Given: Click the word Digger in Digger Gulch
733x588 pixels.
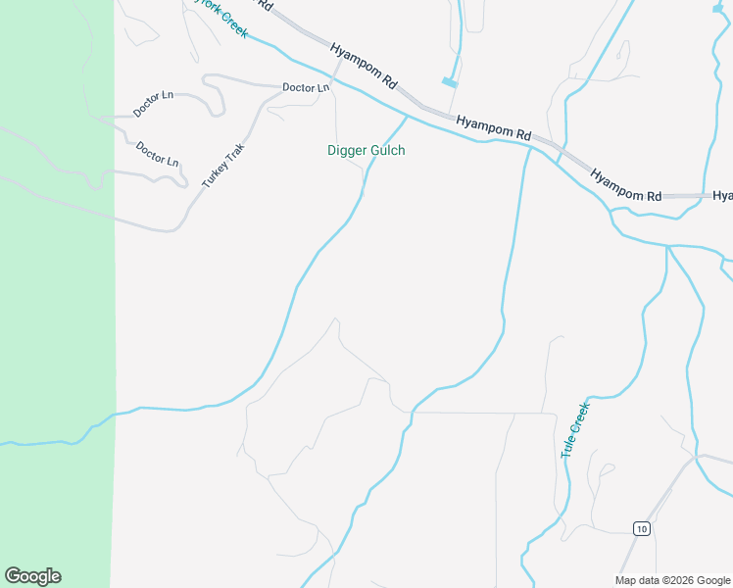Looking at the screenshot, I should tap(346, 151).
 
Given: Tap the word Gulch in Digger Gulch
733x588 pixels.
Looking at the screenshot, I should tap(387, 151).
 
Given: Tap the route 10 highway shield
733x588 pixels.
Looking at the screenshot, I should tap(641, 529).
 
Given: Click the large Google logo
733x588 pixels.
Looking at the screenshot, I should tap(32, 576).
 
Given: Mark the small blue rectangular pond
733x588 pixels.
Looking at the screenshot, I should tap(450, 83).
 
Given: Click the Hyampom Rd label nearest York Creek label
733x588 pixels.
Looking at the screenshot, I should tap(364, 67).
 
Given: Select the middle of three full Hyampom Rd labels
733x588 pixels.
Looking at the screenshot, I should tap(494, 126).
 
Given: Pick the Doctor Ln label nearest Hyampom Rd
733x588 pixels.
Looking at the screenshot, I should tap(306, 87).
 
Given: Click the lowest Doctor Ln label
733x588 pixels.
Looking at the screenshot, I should tap(158, 153).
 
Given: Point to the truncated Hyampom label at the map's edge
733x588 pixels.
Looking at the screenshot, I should tap(723, 196).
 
